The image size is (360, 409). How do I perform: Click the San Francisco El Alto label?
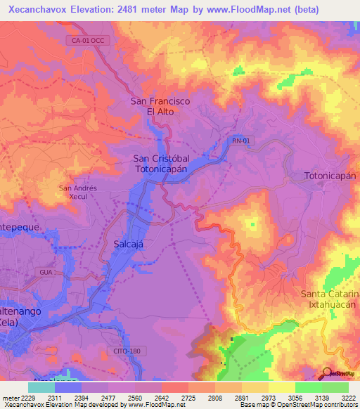[160, 106]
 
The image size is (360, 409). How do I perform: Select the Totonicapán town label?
[330, 175]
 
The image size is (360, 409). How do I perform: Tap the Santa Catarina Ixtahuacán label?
[330, 299]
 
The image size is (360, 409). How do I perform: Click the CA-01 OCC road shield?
[87, 41]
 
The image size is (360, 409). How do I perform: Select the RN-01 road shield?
[240, 141]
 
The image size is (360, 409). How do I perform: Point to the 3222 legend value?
[348, 397]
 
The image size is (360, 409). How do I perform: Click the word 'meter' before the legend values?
[9, 397]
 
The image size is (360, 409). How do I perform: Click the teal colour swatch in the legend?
[41, 387]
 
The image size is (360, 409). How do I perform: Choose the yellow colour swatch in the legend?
[281, 387]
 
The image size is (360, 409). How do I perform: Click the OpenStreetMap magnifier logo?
[328, 373]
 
